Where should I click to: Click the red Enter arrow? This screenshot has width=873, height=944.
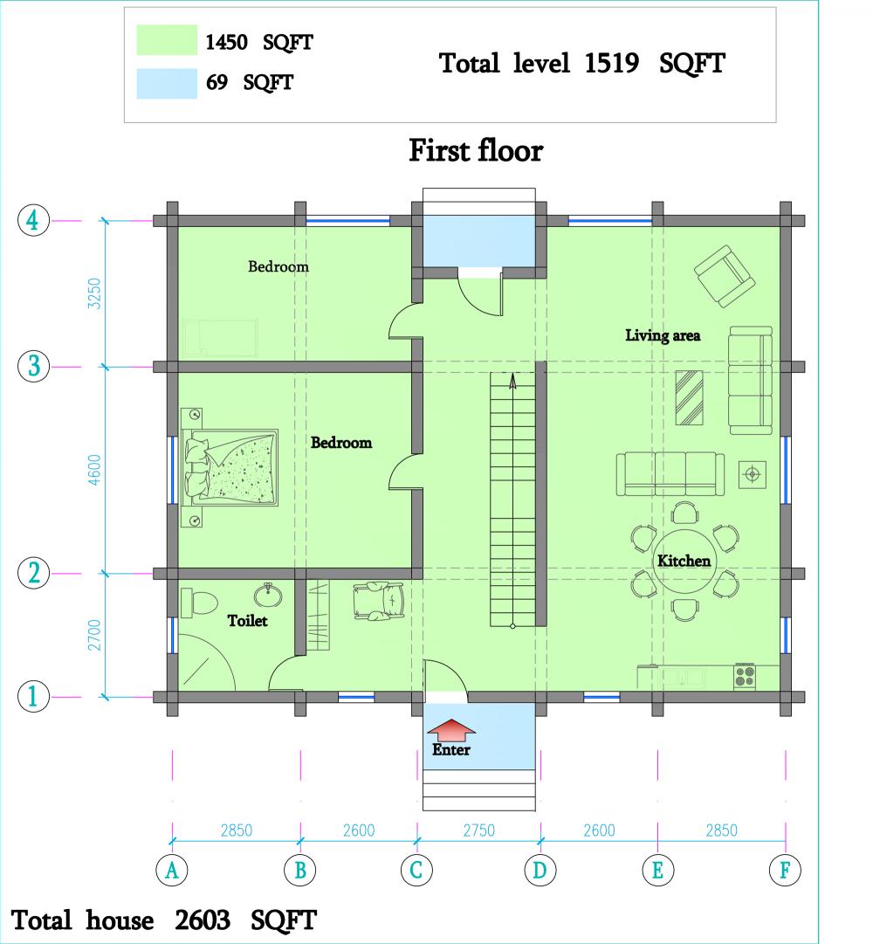451,730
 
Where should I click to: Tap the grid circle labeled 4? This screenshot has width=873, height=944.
33,220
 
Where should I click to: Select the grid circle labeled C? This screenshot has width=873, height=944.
416,870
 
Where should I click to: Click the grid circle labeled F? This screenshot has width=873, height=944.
785,870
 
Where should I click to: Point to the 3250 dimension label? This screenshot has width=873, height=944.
94,293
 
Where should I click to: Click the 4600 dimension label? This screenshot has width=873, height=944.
94,470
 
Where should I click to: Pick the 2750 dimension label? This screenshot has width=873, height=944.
479,830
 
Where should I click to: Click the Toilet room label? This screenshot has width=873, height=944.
247,620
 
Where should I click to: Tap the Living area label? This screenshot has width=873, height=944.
663,335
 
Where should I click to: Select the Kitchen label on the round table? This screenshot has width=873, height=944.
684,561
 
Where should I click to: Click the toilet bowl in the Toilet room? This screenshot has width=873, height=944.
198,603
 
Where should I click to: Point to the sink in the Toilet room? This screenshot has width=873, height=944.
268,595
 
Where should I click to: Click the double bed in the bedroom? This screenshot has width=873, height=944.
230,467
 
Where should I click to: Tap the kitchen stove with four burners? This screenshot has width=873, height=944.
745,676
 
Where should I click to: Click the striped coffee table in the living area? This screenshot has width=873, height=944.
689,397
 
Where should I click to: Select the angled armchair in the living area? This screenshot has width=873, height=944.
725,276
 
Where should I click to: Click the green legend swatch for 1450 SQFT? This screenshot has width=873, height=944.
167,40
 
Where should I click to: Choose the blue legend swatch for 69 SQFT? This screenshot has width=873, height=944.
167,83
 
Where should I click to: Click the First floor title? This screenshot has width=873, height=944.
476,150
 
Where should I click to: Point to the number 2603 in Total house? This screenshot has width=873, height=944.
203,920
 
